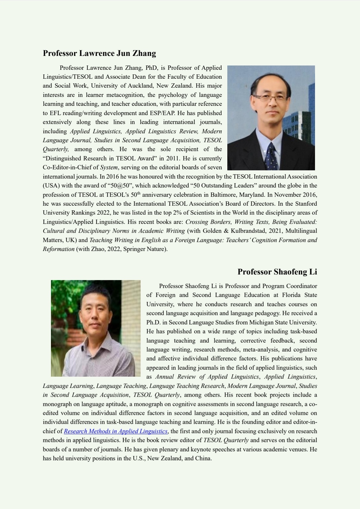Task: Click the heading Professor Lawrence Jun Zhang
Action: [x=99, y=53]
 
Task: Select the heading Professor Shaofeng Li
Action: [x=277, y=272]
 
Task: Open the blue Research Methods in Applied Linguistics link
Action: [x=116, y=431]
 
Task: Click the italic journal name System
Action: [x=109, y=167]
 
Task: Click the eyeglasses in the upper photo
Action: [x=271, y=98]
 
